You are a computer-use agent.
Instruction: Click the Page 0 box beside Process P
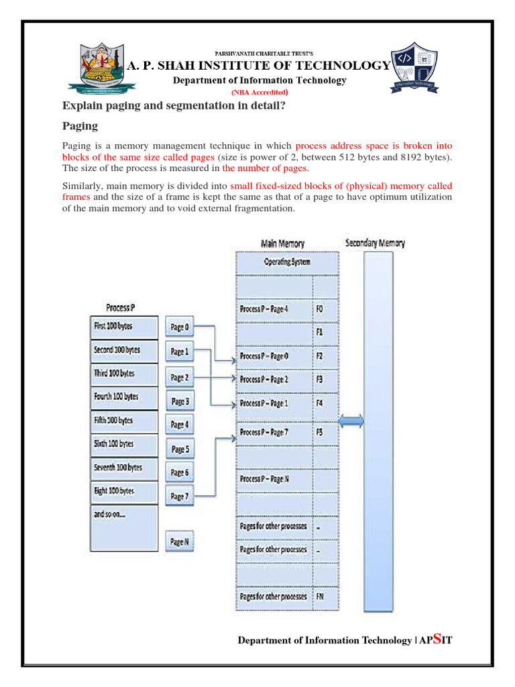(x=180, y=327)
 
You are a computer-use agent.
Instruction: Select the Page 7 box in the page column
(x=180, y=496)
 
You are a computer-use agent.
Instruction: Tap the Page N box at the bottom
(x=180, y=541)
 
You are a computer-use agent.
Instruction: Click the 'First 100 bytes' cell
(x=125, y=327)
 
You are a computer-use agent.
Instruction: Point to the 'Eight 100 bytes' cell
(x=125, y=491)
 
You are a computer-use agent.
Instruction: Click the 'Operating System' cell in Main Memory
(x=286, y=262)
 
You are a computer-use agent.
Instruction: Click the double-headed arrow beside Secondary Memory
(x=352, y=421)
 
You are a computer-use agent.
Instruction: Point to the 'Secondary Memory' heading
(x=375, y=243)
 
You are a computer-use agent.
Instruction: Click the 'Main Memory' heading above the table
(x=282, y=244)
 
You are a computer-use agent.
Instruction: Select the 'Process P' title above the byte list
(x=121, y=307)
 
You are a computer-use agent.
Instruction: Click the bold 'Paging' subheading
(x=80, y=125)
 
